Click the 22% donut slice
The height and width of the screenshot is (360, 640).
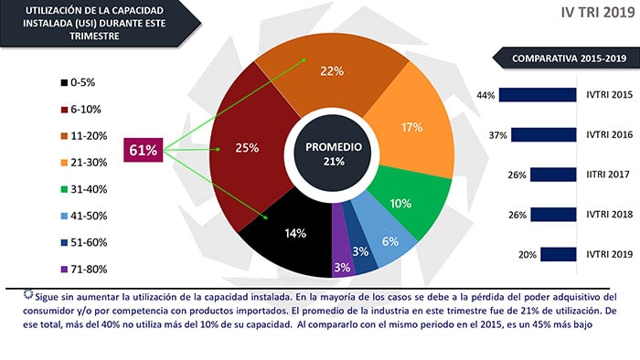click(331, 78)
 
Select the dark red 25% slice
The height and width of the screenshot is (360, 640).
click(249, 148)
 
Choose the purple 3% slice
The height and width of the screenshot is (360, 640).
click(342, 261)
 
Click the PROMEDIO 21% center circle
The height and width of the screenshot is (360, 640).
click(333, 154)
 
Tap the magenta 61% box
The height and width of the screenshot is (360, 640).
click(144, 150)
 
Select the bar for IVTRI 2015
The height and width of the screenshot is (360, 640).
click(538, 95)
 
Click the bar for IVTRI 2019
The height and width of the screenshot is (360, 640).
click(559, 254)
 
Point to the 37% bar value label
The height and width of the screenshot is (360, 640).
click(498, 135)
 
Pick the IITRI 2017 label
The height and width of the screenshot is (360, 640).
click(608, 175)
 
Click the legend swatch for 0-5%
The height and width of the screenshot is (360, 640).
click(64, 83)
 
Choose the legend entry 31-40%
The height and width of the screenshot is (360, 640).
click(84, 189)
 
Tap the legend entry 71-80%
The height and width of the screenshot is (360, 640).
click(84, 269)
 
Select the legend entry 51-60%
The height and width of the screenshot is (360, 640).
click(84, 242)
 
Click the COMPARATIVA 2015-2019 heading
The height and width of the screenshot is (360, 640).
click(569, 58)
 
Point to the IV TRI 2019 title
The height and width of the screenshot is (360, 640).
click(598, 12)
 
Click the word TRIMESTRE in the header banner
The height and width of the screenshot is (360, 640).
click(94, 36)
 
